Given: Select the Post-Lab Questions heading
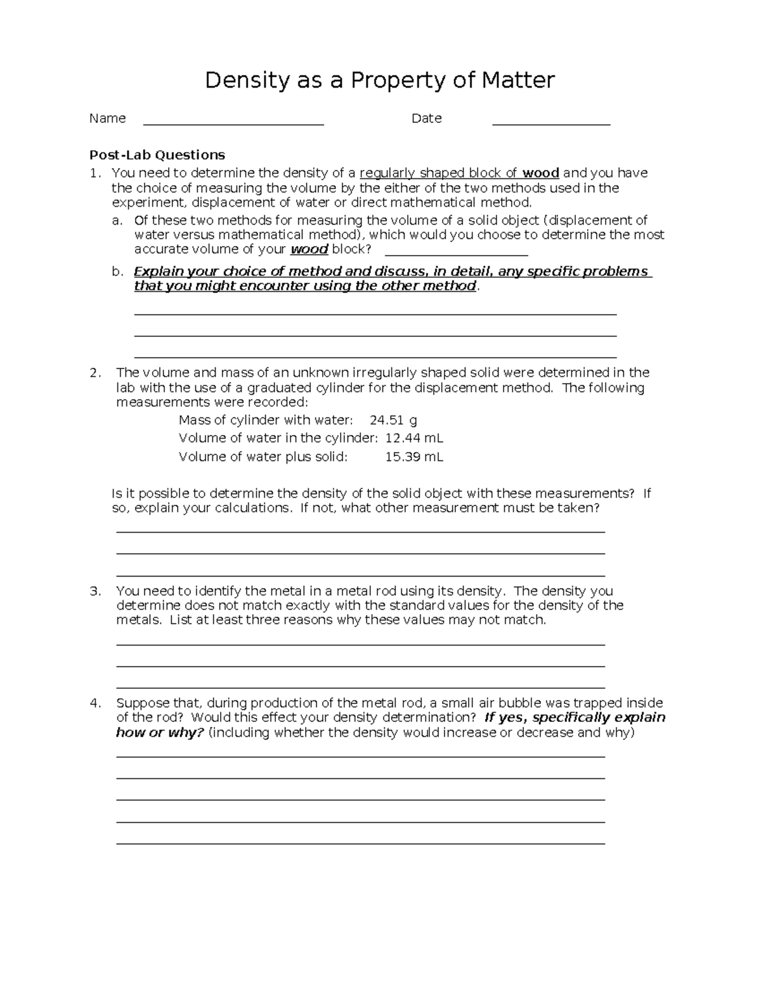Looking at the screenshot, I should (x=157, y=155).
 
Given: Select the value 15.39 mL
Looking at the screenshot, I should (x=414, y=457).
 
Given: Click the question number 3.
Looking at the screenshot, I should (x=95, y=591).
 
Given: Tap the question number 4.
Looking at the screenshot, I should (x=95, y=703).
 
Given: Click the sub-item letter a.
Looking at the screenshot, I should (x=116, y=221).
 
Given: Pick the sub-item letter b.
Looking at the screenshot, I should (x=117, y=272).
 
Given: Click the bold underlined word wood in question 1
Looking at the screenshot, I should (x=540, y=173).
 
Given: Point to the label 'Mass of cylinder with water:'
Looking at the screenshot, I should (x=265, y=420).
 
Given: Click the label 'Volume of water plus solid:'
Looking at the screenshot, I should (x=263, y=457).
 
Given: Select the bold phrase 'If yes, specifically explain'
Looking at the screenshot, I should (x=575, y=717).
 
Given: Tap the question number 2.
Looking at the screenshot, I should (x=95, y=373).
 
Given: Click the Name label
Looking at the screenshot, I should (x=107, y=119).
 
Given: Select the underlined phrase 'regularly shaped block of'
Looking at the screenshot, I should (x=438, y=173).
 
